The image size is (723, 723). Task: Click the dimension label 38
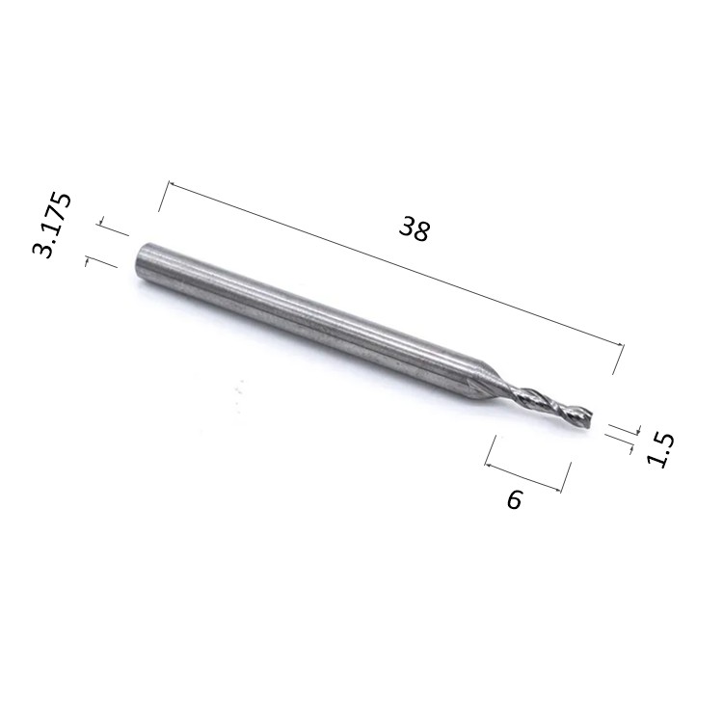point(415,229)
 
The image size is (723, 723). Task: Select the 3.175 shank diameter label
point(52,225)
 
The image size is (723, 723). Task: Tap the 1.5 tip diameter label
point(660,450)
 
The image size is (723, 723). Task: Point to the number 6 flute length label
point(515,499)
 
